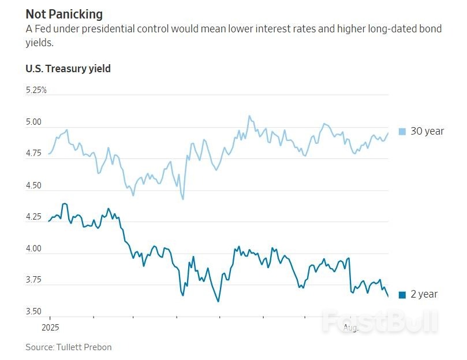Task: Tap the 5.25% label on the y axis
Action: click(x=36, y=90)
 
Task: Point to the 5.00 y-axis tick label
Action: click(x=34, y=123)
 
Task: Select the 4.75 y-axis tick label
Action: click(x=34, y=154)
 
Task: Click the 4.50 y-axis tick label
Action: click(x=34, y=185)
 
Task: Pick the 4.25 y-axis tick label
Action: click(x=34, y=217)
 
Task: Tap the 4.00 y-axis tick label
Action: click(x=34, y=249)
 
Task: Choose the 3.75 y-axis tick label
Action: click(x=34, y=280)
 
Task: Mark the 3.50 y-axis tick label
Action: click(x=34, y=312)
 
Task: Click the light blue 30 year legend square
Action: click(x=402, y=131)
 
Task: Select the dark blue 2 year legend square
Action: click(x=402, y=295)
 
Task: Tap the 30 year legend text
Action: click(x=427, y=131)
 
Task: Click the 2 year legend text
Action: click(x=424, y=295)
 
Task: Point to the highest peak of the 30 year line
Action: click(x=249, y=116)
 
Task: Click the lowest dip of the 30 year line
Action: click(x=183, y=199)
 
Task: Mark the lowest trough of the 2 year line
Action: click(x=218, y=301)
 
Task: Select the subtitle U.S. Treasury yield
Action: click(x=68, y=69)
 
